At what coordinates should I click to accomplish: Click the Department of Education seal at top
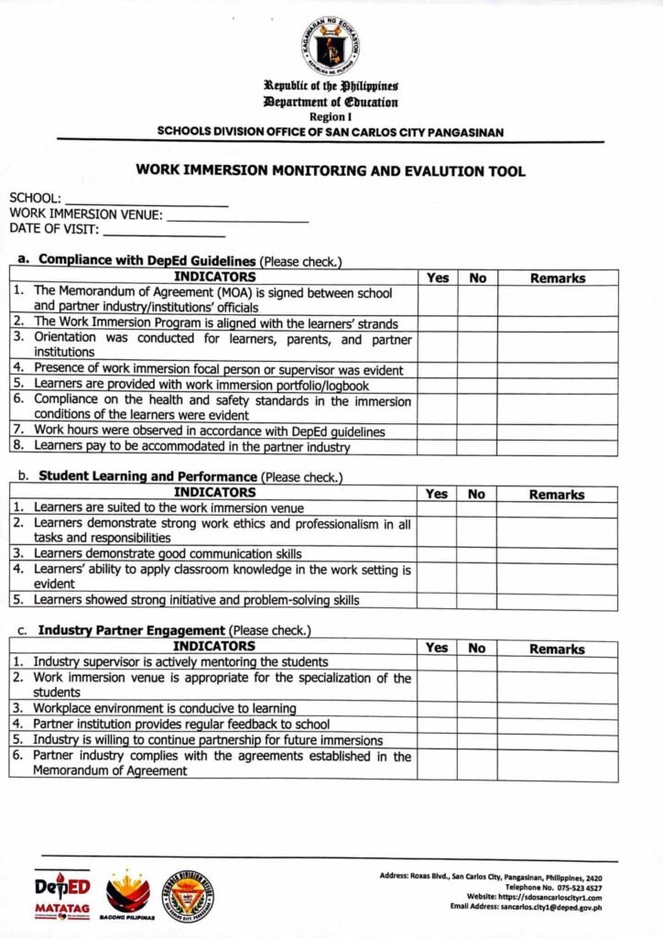(x=331, y=46)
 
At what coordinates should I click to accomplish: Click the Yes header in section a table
(x=438, y=278)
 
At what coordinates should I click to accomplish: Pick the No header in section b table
(x=476, y=494)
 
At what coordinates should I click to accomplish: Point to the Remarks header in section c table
(x=557, y=649)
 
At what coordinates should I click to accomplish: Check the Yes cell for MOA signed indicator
(x=438, y=300)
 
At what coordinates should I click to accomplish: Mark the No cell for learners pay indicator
(x=477, y=447)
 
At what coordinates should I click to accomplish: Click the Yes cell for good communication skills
(x=437, y=554)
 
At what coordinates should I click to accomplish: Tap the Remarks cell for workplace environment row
(x=557, y=709)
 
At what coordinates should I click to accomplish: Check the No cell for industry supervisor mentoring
(x=476, y=662)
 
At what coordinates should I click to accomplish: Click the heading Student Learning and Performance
(x=147, y=476)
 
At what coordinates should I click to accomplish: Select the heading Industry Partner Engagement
(x=131, y=630)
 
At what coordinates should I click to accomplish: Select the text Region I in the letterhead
(x=330, y=118)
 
